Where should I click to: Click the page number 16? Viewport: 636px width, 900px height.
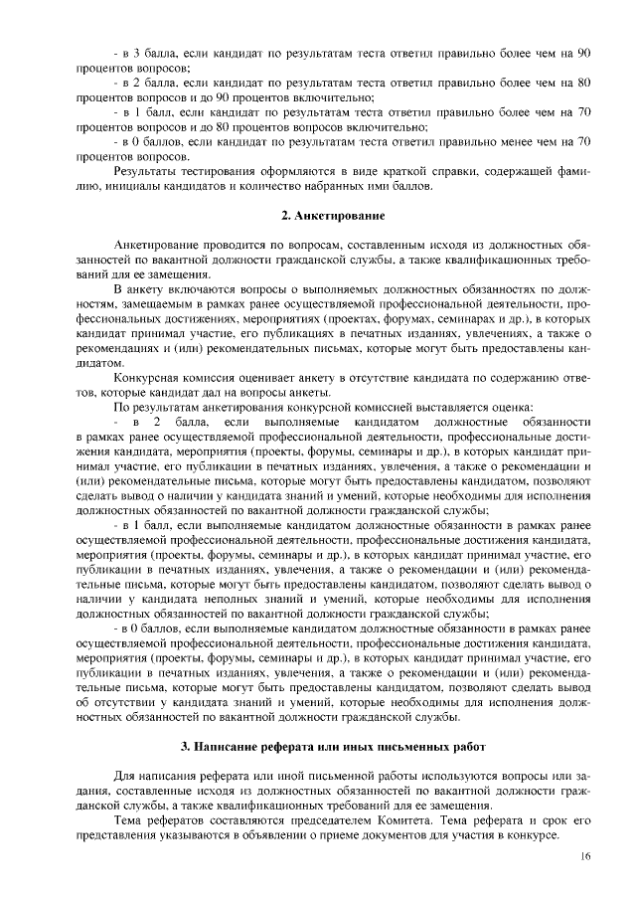tap(586, 857)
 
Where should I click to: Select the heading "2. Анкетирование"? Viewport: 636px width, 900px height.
tap(330, 215)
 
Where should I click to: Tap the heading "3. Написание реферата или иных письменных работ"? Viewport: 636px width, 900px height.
tap(330, 746)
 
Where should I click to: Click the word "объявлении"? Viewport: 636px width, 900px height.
tap(259, 837)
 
